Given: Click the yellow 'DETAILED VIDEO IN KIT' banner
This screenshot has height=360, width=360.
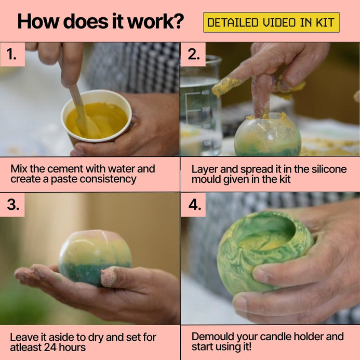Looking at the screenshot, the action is coord(271,22).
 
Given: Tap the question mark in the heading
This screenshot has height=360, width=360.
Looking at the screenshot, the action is coord(178,21).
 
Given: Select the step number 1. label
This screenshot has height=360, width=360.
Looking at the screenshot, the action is coord(11,55).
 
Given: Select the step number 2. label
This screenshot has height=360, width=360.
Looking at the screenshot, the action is coord(194,55).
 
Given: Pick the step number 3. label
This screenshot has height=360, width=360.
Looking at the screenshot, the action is coord(13,204).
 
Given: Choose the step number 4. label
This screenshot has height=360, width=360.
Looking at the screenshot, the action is coord(195,204).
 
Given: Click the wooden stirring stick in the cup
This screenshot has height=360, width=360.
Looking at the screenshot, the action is coord(83,112).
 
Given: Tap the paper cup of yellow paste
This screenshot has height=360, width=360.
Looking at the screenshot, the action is coord(97,117).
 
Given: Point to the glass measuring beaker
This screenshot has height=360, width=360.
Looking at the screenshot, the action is coord(201,105).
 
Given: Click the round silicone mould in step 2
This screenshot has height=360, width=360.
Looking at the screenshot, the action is coord(268,136).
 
